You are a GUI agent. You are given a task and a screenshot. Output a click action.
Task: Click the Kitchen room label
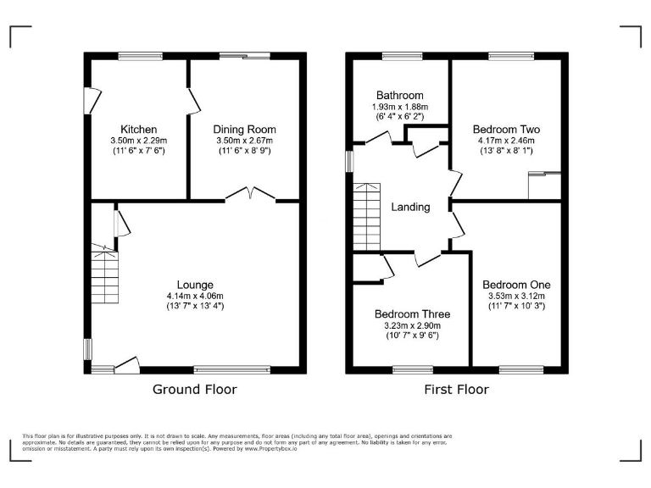pos(138,129)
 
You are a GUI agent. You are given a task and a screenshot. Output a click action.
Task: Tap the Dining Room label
pos(244,129)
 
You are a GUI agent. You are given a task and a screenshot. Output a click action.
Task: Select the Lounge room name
pos(195,284)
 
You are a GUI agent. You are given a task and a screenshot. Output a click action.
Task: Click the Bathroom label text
pos(400,96)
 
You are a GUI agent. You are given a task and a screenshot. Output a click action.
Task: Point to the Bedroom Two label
pos(505,130)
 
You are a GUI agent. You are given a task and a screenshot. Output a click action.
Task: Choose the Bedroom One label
pos(516,284)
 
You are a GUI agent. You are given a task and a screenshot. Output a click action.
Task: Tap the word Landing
pos(410,207)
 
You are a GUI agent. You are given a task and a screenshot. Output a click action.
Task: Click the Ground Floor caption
pos(194,390)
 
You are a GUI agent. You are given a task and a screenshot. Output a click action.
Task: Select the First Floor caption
pos(456,390)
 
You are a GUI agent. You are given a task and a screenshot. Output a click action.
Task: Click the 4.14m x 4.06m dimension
pos(195,295)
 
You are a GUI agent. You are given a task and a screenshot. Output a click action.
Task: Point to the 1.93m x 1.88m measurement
pos(400,108)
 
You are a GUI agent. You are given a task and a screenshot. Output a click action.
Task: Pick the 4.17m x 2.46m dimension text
pos(505,141)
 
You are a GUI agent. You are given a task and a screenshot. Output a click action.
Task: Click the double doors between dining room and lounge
pos(251,195)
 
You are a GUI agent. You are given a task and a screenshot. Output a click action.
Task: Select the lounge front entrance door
pos(126,364)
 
